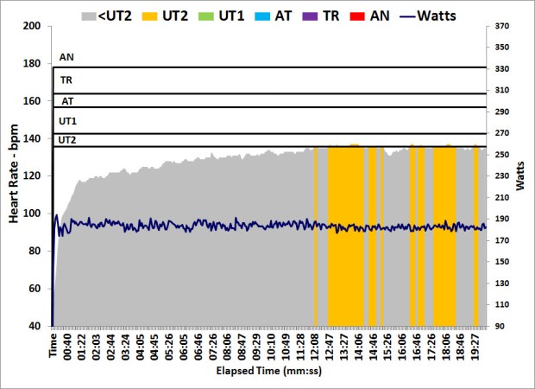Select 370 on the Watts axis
tap(503, 27)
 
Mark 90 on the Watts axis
tap(503, 326)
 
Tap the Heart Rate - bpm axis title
tap(14, 176)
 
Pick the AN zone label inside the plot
tap(66, 58)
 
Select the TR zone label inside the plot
tap(66, 80)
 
